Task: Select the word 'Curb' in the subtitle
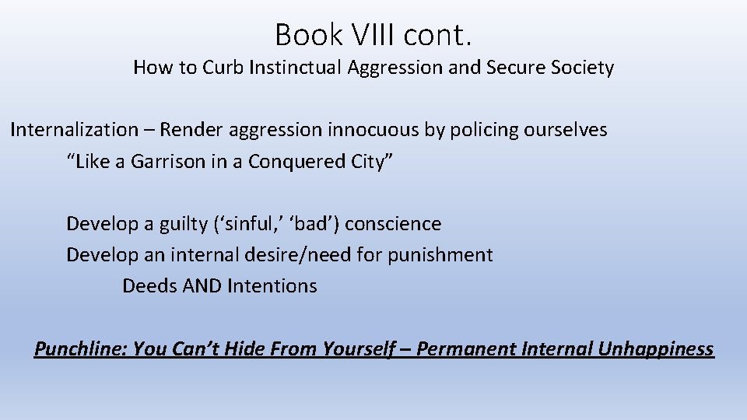223,68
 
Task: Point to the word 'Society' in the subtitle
583,68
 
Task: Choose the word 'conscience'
393,224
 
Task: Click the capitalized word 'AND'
202,286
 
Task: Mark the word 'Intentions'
272,286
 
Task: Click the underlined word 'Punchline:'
80,348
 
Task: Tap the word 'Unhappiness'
655,348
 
